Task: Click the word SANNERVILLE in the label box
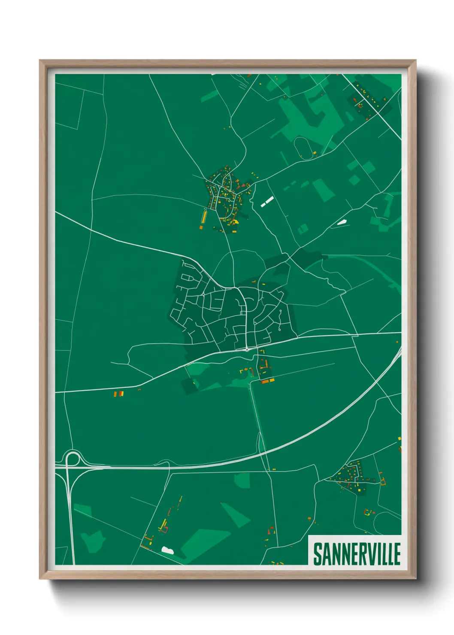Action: coord(357,554)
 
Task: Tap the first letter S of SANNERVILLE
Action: coord(318,554)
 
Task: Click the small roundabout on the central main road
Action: coord(247,350)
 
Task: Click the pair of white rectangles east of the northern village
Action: coord(267,202)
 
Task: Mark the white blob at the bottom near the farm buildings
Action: coord(166,549)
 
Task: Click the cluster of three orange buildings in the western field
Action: coord(118,393)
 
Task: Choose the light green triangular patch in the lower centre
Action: coord(236,515)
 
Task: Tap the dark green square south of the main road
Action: coord(189,386)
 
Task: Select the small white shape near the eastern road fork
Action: coord(342,222)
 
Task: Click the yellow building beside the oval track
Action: coord(314,152)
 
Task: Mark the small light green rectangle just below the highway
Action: coord(242,480)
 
